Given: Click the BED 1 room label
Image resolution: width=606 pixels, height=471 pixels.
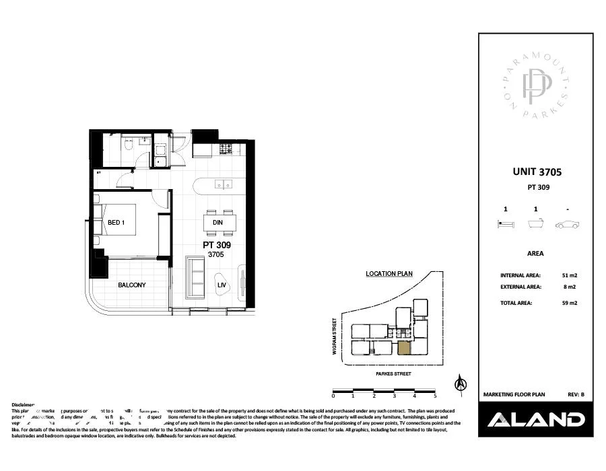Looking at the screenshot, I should [117, 223].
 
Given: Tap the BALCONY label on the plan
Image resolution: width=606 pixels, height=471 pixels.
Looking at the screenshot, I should [132, 285].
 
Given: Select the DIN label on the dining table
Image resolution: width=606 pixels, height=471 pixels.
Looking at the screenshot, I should [217, 223].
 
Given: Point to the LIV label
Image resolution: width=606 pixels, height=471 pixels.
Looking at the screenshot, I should [221, 285].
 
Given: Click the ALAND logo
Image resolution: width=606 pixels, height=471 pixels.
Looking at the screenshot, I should [535, 420].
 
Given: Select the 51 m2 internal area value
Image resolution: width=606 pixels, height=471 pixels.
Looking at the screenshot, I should [569, 275].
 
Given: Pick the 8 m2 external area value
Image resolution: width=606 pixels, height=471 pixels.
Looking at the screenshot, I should [569, 287].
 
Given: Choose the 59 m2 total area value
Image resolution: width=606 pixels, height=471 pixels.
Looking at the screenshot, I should [569, 303].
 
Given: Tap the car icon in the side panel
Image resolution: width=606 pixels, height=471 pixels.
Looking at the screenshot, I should [568, 224].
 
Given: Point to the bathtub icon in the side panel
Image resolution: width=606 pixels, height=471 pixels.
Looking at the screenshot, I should [535, 224].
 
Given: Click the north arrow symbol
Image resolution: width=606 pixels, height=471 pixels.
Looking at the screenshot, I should [461, 383].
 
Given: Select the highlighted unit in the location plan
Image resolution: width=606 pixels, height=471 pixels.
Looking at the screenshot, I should [405, 348].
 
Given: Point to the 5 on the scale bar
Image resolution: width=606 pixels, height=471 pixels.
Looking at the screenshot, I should [435, 396].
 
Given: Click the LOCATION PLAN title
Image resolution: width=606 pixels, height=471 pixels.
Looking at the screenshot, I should [389, 274].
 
